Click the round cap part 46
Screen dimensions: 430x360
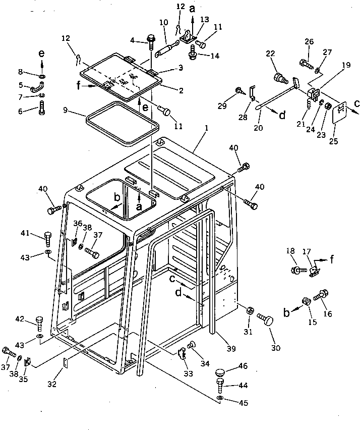[221, 372]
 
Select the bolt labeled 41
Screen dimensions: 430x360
[48, 237]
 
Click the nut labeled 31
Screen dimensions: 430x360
[249, 310]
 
